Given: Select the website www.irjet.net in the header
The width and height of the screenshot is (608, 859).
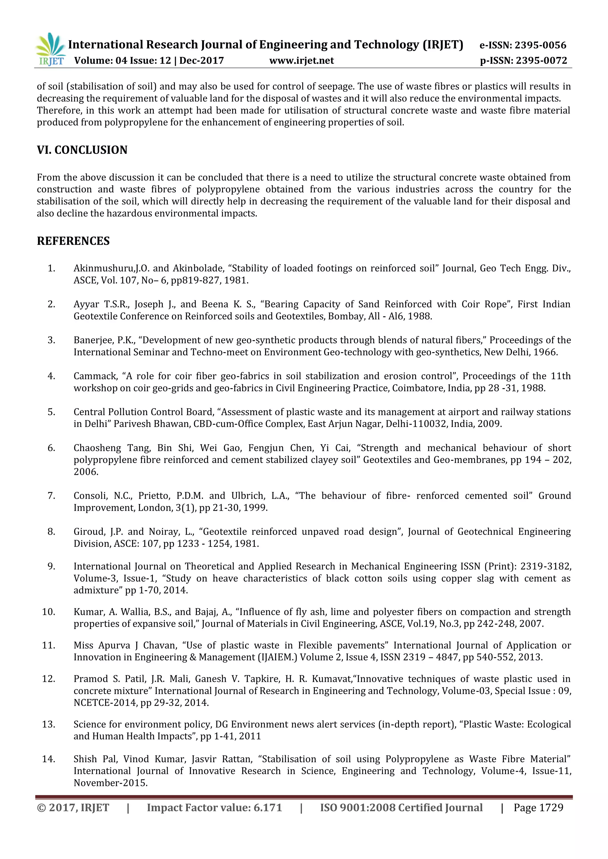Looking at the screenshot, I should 301,61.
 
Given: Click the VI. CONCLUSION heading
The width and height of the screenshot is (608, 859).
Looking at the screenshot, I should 82,150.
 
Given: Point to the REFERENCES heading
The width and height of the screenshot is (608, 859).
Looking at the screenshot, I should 73,241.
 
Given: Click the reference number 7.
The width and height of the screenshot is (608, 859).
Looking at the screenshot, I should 51,496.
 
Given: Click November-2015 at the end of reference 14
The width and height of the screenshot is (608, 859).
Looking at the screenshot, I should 110,783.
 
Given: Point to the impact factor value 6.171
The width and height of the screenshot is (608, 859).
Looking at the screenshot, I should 268,808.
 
